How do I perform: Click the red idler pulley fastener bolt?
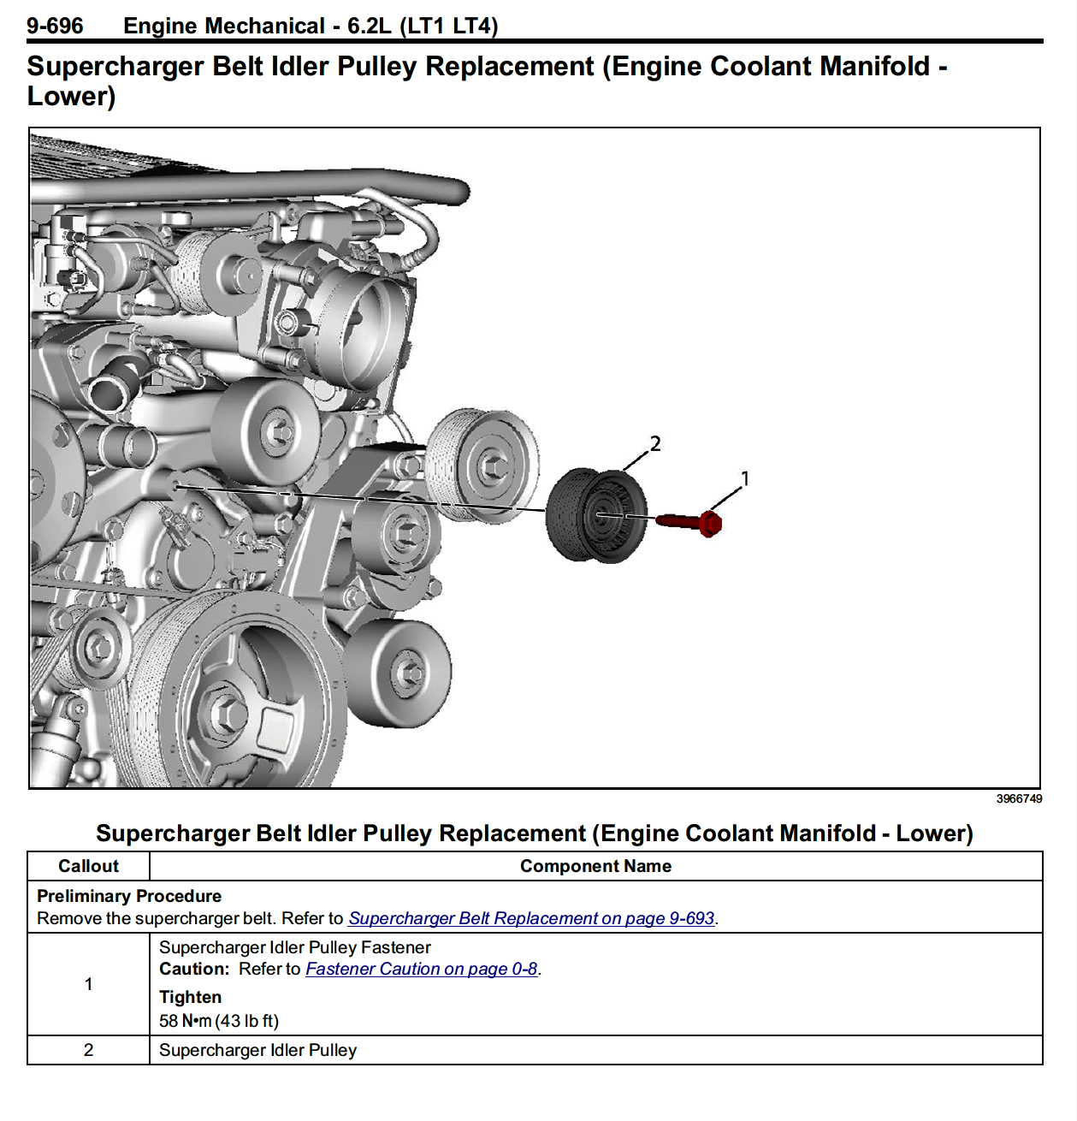[689, 521]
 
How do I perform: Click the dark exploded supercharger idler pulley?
[596, 515]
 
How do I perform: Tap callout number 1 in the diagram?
[744, 478]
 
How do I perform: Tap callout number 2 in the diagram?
[655, 443]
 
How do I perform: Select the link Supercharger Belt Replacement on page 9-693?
[531, 918]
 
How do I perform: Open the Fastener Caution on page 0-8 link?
[421, 969]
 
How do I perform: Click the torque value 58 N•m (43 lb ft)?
[219, 1021]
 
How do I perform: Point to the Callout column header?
[88, 866]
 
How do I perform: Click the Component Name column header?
[595, 866]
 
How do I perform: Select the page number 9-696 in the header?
[55, 26]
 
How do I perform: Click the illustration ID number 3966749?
[1018, 798]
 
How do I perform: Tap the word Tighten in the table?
[190, 997]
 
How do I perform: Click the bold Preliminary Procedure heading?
[129, 896]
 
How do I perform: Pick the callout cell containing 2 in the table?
[88, 1050]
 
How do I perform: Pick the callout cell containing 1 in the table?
[88, 984]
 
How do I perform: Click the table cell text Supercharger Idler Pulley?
[257, 1050]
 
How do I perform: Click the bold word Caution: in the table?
[194, 969]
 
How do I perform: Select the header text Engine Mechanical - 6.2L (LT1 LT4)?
[311, 26]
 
